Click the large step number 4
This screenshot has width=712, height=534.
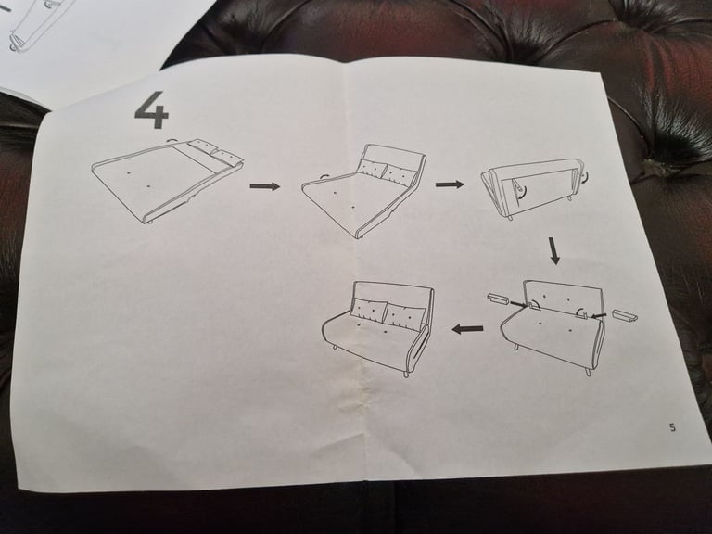click(x=152, y=110)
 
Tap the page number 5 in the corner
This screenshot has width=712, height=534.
click(x=672, y=427)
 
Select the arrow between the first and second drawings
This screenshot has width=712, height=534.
click(x=264, y=186)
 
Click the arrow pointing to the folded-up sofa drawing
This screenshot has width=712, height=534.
click(x=450, y=184)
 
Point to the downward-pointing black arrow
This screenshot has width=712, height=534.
click(x=554, y=250)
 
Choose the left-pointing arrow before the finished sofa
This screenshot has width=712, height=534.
click(x=467, y=328)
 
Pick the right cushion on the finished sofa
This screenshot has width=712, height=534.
click(x=404, y=316)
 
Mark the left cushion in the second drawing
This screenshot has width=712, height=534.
click(x=373, y=169)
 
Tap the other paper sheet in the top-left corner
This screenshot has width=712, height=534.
click(x=83, y=37)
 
